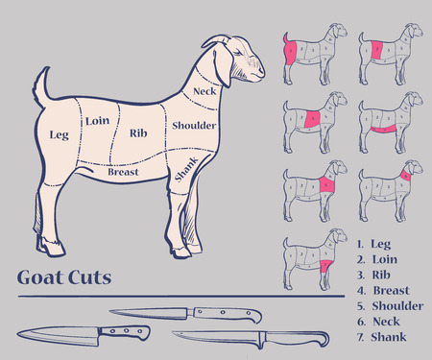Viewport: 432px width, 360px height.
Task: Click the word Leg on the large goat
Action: tap(59, 134)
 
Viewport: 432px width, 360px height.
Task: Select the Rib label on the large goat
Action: tap(137, 133)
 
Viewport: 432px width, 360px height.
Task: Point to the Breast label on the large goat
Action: tap(124, 173)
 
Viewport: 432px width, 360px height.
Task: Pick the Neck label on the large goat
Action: tap(204, 91)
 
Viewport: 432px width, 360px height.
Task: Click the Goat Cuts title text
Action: tap(63, 278)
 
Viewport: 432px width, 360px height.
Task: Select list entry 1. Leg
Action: tap(374, 244)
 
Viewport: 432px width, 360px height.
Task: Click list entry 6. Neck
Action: tap(378, 321)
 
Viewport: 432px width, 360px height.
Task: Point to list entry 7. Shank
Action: tap(381, 336)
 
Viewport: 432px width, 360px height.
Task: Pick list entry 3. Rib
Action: tap(374, 275)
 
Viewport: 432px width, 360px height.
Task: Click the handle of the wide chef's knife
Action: tap(125, 331)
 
